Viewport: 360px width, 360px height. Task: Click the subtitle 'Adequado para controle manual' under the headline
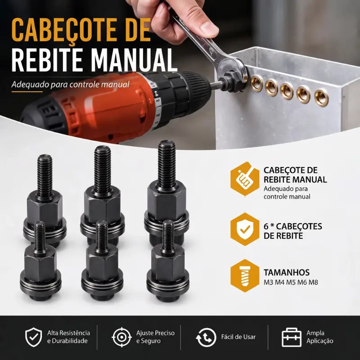pyautogui.click(x=71, y=85)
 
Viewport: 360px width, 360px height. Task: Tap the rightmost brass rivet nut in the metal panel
pyautogui.click(x=321, y=98)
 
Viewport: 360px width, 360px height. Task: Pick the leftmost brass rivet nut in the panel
pyautogui.click(x=257, y=84)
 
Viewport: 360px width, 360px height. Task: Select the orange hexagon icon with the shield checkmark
pyautogui.click(x=245, y=229)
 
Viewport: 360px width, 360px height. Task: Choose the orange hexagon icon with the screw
pyautogui.click(x=245, y=275)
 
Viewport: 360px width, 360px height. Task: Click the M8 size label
pyautogui.click(x=313, y=282)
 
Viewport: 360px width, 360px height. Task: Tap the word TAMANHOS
pyautogui.click(x=287, y=272)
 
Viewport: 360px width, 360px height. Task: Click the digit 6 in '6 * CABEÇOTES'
pyautogui.click(x=266, y=226)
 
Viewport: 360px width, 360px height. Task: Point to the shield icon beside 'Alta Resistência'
pyautogui.click(x=33, y=337)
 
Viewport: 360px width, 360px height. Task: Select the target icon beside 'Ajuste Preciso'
pyautogui.click(x=121, y=337)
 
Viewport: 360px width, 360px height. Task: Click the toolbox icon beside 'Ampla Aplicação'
pyautogui.click(x=292, y=337)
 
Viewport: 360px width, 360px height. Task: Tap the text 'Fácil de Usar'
pyautogui.click(x=238, y=337)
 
